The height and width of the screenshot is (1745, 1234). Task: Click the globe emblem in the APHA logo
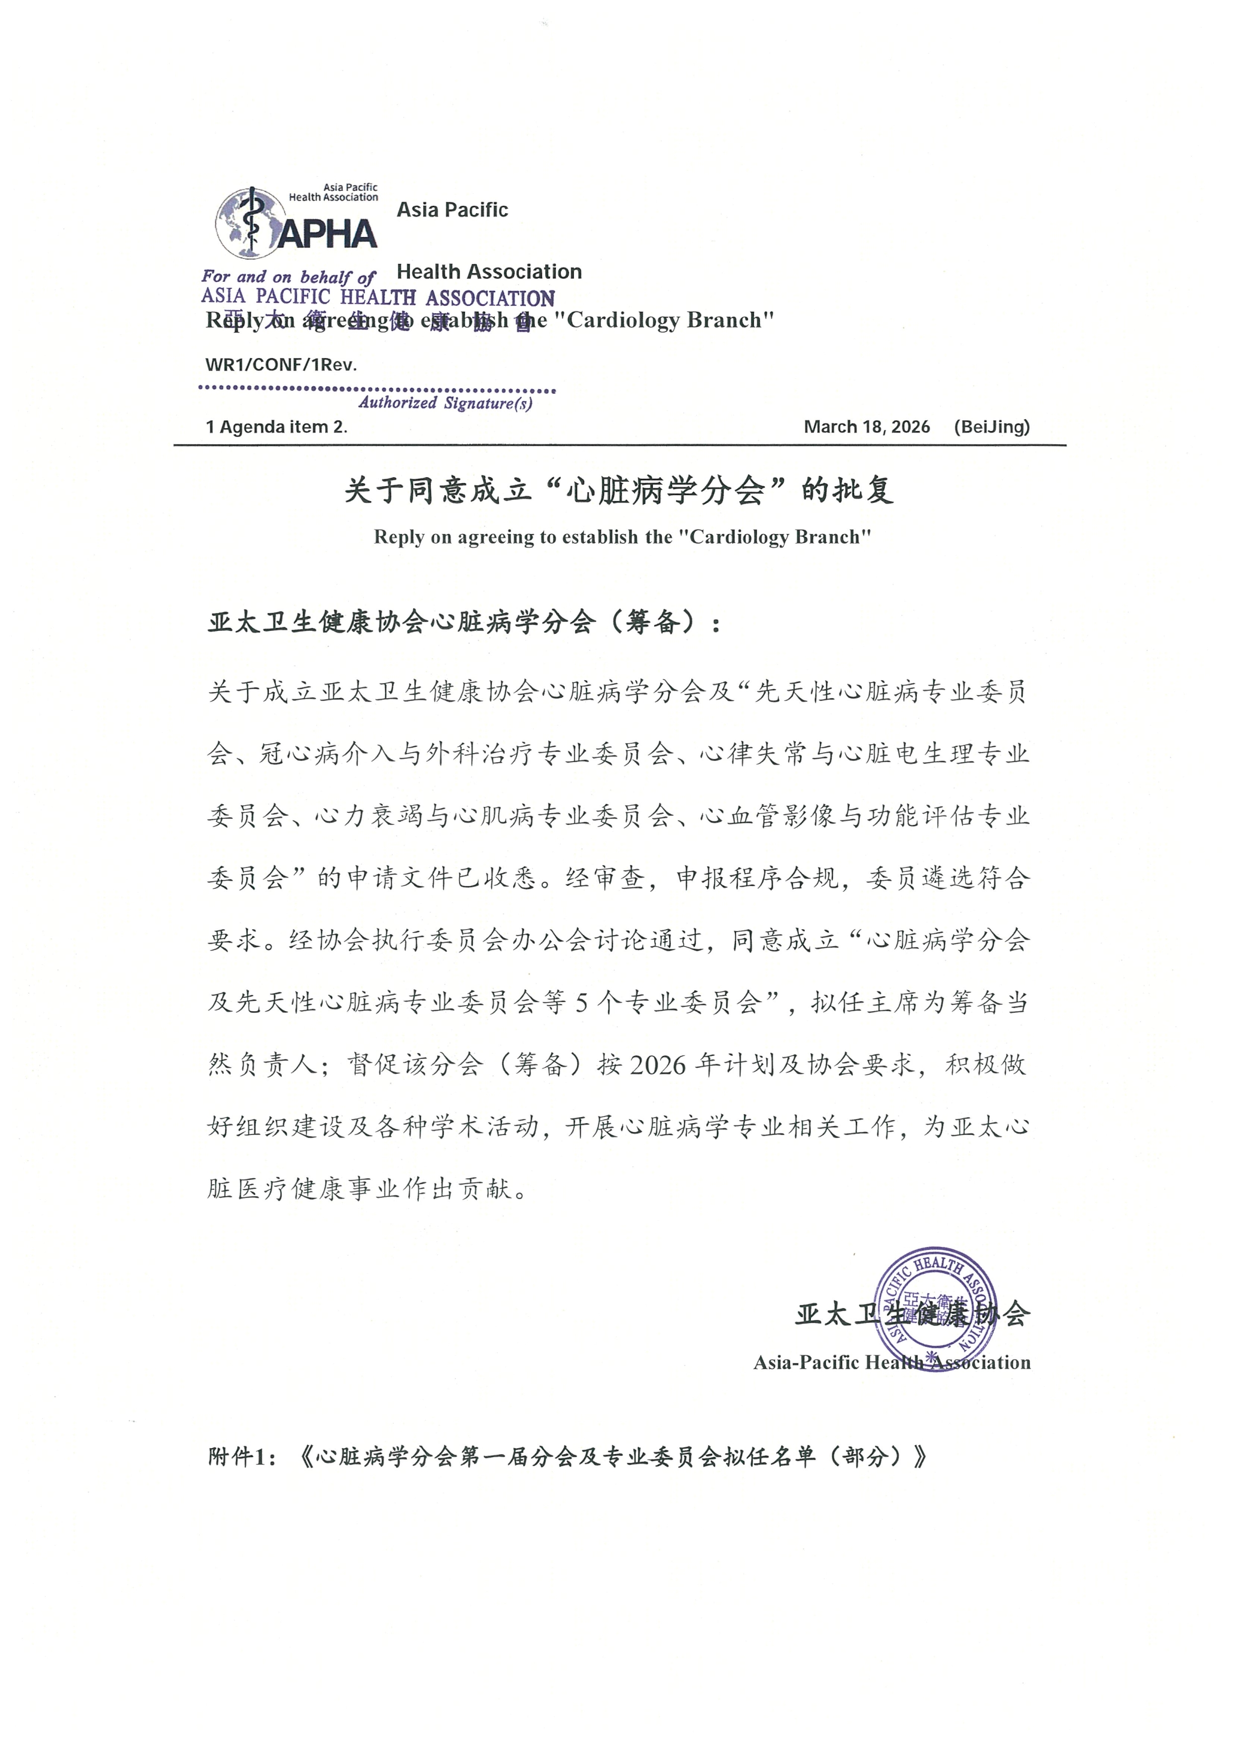pyautogui.click(x=248, y=223)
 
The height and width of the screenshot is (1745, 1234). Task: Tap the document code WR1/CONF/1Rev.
pyautogui.click(x=281, y=365)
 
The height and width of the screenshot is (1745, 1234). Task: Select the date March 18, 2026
pyautogui.click(x=866, y=427)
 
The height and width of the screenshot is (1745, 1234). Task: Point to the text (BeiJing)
pyautogui.click(x=991, y=427)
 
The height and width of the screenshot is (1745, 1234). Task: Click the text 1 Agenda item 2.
pyautogui.click(x=276, y=427)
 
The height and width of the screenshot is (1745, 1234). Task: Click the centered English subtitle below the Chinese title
pyautogui.click(x=621, y=537)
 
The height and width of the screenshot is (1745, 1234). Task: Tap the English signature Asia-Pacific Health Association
pyautogui.click(x=891, y=1363)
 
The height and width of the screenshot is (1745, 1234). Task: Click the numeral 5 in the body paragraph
pyautogui.click(x=581, y=1003)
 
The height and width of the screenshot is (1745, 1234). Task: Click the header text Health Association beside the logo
pyautogui.click(x=489, y=272)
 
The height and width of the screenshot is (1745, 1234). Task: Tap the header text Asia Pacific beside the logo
pyautogui.click(x=452, y=210)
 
